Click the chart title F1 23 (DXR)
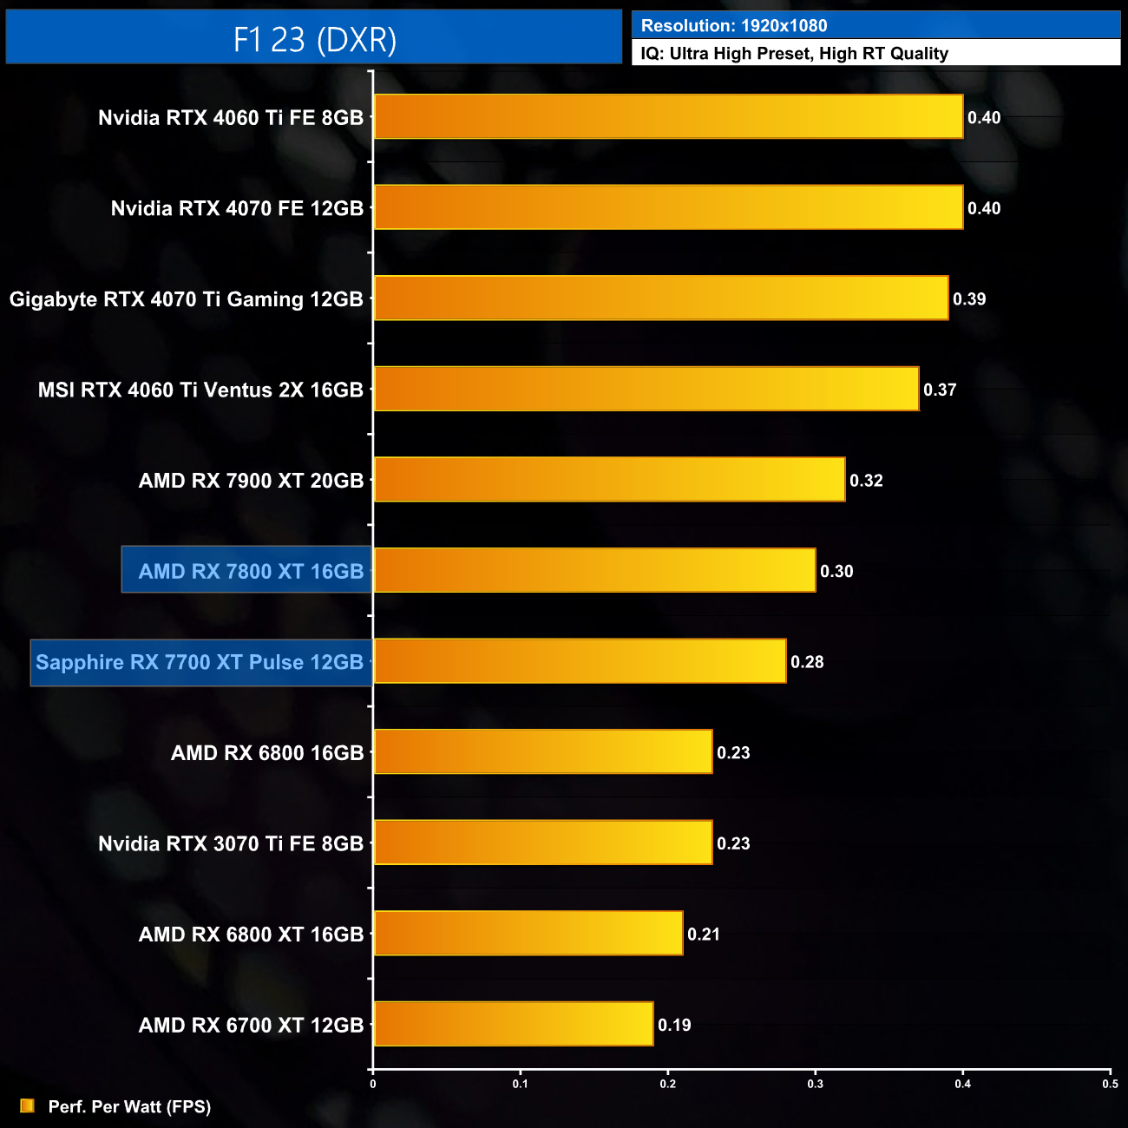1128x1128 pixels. pos(314,39)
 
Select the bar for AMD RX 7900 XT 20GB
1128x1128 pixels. pos(609,479)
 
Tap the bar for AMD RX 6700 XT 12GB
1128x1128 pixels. pos(514,1024)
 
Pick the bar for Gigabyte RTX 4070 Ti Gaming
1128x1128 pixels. pos(661,298)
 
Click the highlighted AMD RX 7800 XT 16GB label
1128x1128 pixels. pos(251,571)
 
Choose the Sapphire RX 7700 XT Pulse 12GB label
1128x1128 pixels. pos(200,662)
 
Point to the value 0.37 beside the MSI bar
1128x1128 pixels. pos(940,390)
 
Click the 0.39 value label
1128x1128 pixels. pos(969,299)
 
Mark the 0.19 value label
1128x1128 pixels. pos(674,1025)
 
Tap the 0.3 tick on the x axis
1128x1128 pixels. pos(816,1084)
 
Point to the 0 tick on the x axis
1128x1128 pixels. pos(373,1084)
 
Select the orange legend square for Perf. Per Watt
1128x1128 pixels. pos(27,1105)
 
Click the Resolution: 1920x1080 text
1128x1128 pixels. pos(734,26)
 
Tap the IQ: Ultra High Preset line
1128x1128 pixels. pos(794,54)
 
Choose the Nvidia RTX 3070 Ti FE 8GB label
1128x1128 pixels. pos(231,843)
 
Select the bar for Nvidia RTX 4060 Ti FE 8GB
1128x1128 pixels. pos(668,116)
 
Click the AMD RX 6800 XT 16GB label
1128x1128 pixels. pos(251,935)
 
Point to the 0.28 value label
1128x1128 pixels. pos(807,662)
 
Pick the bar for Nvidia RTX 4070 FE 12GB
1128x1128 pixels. pos(668,207)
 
